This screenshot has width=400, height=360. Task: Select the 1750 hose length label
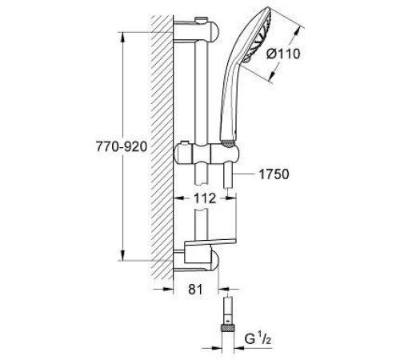(x=270, y=174)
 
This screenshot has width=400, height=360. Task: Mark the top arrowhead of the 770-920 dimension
(x=122, y=36)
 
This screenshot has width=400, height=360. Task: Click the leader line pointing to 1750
(x=244, y=174)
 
